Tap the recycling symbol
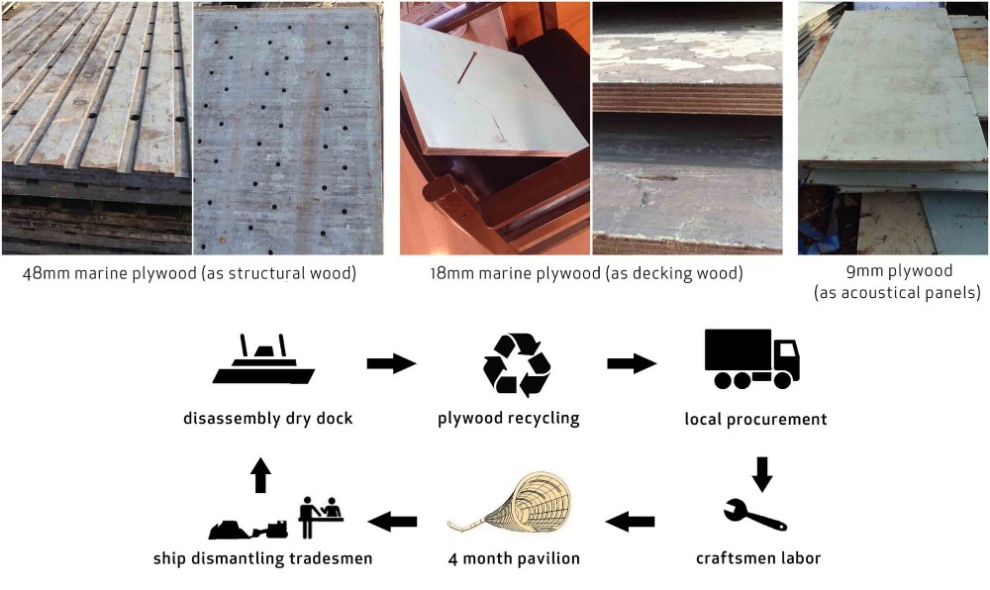(x=517, y=365)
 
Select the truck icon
(x=752, y=358)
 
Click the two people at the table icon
(x=320, y=517)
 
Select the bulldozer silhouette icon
(x=248, y=530)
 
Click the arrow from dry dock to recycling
(x=391, y=363)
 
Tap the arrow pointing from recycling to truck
(x=632, y=363)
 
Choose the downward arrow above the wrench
(x=762, y=474)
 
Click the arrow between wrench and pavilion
(x=630, y=522)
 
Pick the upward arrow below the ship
(x=260, y=474)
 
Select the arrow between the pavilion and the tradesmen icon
(x=392, y=522)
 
